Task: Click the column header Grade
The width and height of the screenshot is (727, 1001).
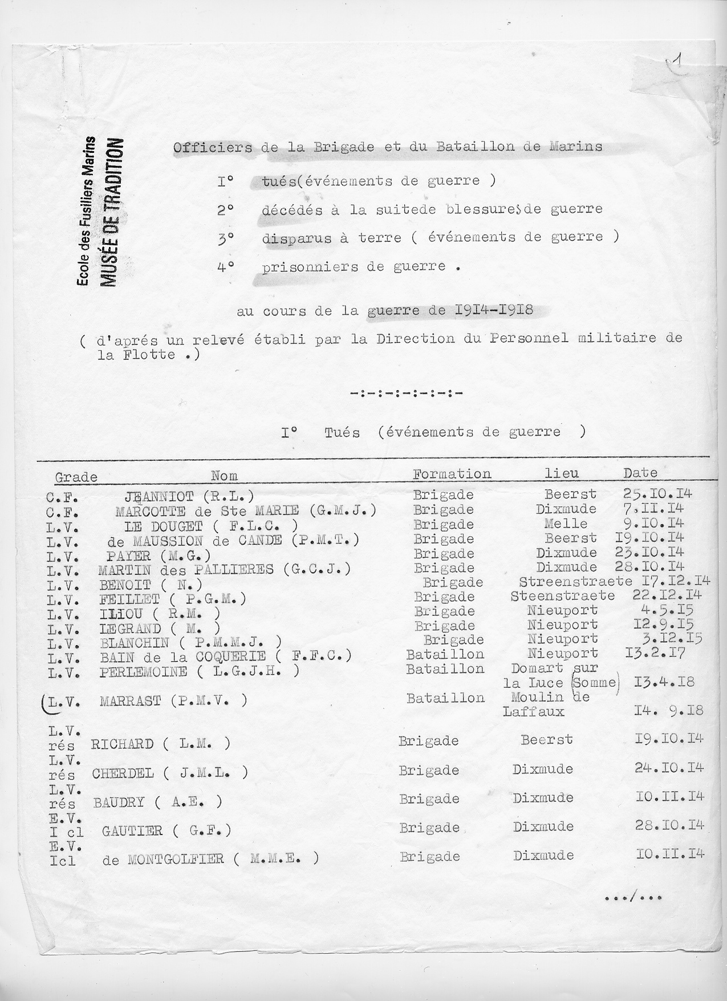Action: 76,477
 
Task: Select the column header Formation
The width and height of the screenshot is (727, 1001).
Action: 452,474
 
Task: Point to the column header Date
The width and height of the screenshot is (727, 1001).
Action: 640,473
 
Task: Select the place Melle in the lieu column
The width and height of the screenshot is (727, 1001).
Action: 566,524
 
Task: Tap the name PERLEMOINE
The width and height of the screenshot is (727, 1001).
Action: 143,671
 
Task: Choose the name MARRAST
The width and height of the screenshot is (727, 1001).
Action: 130,701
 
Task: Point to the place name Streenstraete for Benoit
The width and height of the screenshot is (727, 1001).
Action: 575,582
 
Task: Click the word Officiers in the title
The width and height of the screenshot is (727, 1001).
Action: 212,147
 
